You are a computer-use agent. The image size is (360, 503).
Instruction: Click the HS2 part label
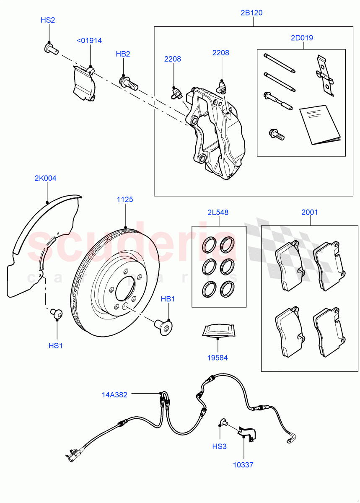click(47, 20)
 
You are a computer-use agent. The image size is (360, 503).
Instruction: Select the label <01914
click(89, 41)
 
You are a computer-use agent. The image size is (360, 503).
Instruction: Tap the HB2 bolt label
click(123, 54)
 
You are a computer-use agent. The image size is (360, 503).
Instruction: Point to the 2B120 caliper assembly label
click(251, 13)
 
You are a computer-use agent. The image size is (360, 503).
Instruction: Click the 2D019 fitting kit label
click(302, 38)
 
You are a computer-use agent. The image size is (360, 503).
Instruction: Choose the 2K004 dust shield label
click(45, 178)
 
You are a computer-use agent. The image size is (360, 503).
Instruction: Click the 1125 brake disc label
click(125, 200)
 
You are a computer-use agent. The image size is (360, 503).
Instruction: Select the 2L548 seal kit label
click(218, 213)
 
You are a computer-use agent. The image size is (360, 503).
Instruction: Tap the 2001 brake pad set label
click(310, 213)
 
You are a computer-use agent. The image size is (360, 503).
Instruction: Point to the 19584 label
click(218, 358)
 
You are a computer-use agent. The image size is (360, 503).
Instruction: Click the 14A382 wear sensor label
click(114, 394)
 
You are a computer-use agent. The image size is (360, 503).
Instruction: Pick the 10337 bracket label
click(244, 465)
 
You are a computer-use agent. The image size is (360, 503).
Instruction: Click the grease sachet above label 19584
click(217, 330)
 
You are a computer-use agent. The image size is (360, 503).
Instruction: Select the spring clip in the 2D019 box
click(325, 76)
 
